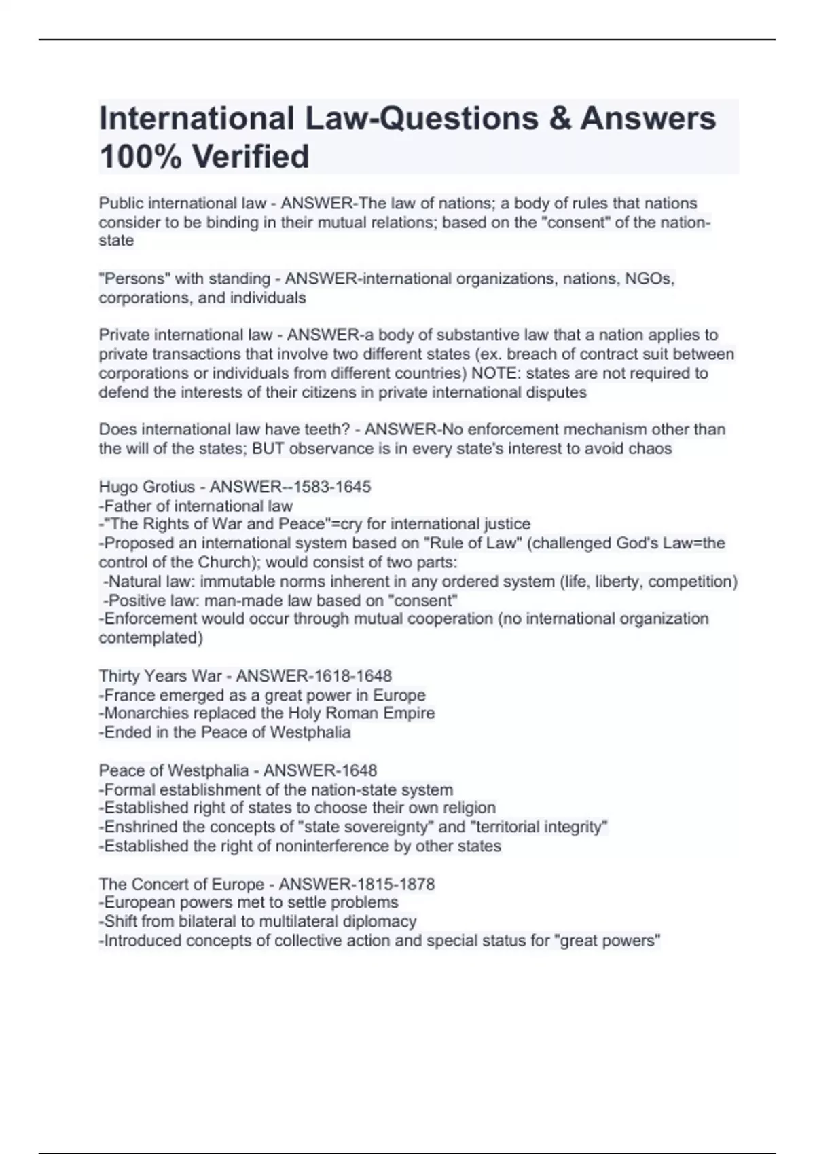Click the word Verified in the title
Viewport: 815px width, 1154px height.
point(251,156)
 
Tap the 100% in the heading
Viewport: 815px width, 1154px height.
point(137,156)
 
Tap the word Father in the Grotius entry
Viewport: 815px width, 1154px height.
point(130,506)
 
